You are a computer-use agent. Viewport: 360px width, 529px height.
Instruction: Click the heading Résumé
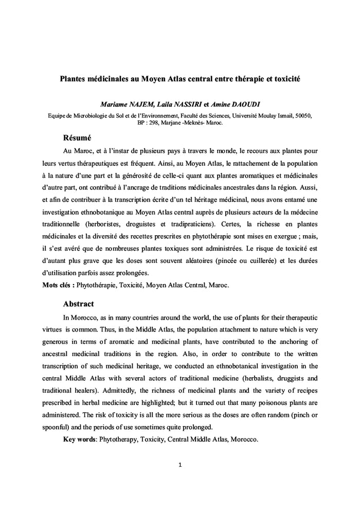pyautogui.click(x=77, y=138)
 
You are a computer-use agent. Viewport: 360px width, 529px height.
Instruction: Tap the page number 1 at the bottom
pyautogui.click(x=180, y=466)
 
